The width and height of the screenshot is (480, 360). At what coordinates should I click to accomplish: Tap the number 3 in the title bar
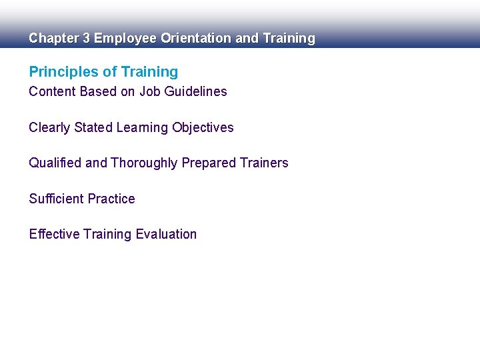tap(87, 39)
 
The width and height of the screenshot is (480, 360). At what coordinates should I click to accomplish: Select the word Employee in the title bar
tap(125, 39)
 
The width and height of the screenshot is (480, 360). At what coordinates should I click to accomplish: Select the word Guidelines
tap(195, 92)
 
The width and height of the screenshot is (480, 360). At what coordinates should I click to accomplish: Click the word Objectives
tap(203, 127)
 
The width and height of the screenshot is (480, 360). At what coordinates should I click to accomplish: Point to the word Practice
tap(111, 199)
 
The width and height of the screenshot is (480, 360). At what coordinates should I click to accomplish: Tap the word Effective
tap(55, 234)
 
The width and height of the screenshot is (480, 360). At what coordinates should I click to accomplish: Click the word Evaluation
tap(166, 234)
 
